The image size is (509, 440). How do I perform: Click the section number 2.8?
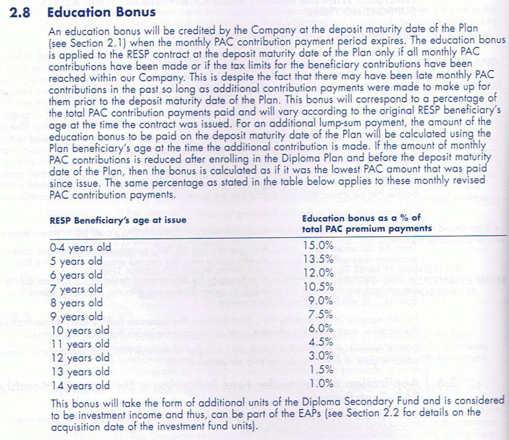pyautogui.click(x=20, y=12)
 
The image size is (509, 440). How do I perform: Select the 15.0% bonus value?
pyautogui.click(x=319, y=245)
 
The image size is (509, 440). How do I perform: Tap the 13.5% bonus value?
pyautogui.click(x=319, y=260)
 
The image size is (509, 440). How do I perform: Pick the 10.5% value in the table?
pyautogui.click(x=319, y=287)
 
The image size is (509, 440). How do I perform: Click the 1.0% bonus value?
pyautogui.click(x=322, y=383)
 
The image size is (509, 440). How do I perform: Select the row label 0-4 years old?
pyautogui.click(x=77, y=248)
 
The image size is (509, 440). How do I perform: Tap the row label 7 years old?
pyautogui.click(x=77, y=289)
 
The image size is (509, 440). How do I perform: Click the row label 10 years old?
pyautogui.click(x=80, y=330)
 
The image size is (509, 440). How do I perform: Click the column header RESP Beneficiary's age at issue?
pyautogui.click(x=118, y=220)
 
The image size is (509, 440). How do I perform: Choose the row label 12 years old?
pyautogui.click(x=80, y=358)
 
